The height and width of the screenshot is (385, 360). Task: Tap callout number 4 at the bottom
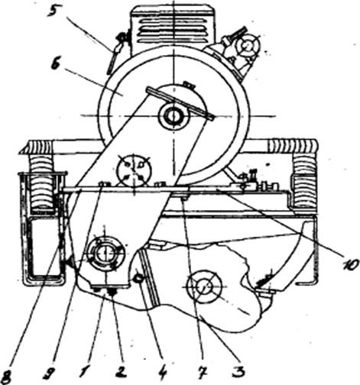pos(162,373)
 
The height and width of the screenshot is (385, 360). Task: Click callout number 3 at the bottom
pos(238,372)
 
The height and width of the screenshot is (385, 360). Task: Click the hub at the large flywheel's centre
pos(174,117)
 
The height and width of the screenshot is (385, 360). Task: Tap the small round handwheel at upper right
pos(246,46)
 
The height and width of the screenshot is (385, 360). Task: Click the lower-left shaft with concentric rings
pos(105,253)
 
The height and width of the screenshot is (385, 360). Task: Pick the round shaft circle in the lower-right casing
pos(204,286)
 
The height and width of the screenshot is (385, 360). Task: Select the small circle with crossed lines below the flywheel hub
pos(134,170)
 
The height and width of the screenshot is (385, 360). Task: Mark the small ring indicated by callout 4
pos(138,279)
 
